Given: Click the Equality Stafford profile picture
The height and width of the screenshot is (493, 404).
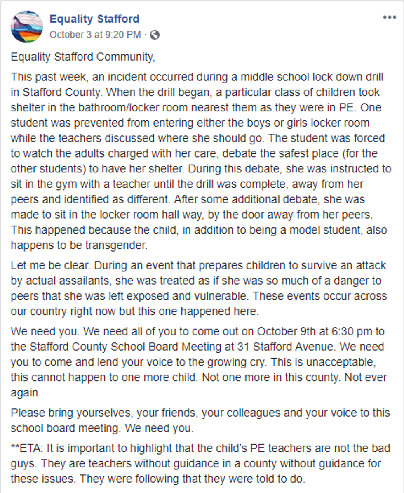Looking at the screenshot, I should coord(27,26).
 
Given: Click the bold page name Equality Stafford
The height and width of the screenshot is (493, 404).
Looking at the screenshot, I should coord(94,19).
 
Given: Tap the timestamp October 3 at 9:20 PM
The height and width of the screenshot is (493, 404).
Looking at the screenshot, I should coord(95,35).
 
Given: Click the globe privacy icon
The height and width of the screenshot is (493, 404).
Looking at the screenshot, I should coord(155,35).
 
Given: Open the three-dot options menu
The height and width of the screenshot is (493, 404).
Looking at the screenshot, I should coord(389,17).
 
